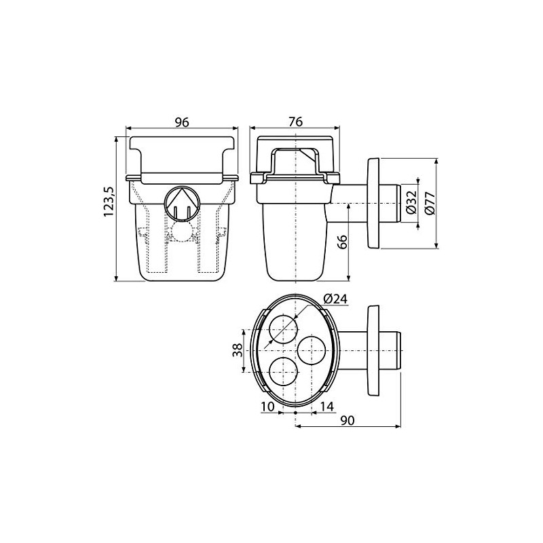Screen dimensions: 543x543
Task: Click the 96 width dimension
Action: (x=181, y=122)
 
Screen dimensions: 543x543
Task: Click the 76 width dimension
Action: (x=295, y=122)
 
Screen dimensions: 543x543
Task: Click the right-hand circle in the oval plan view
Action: (x=313, y=352)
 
